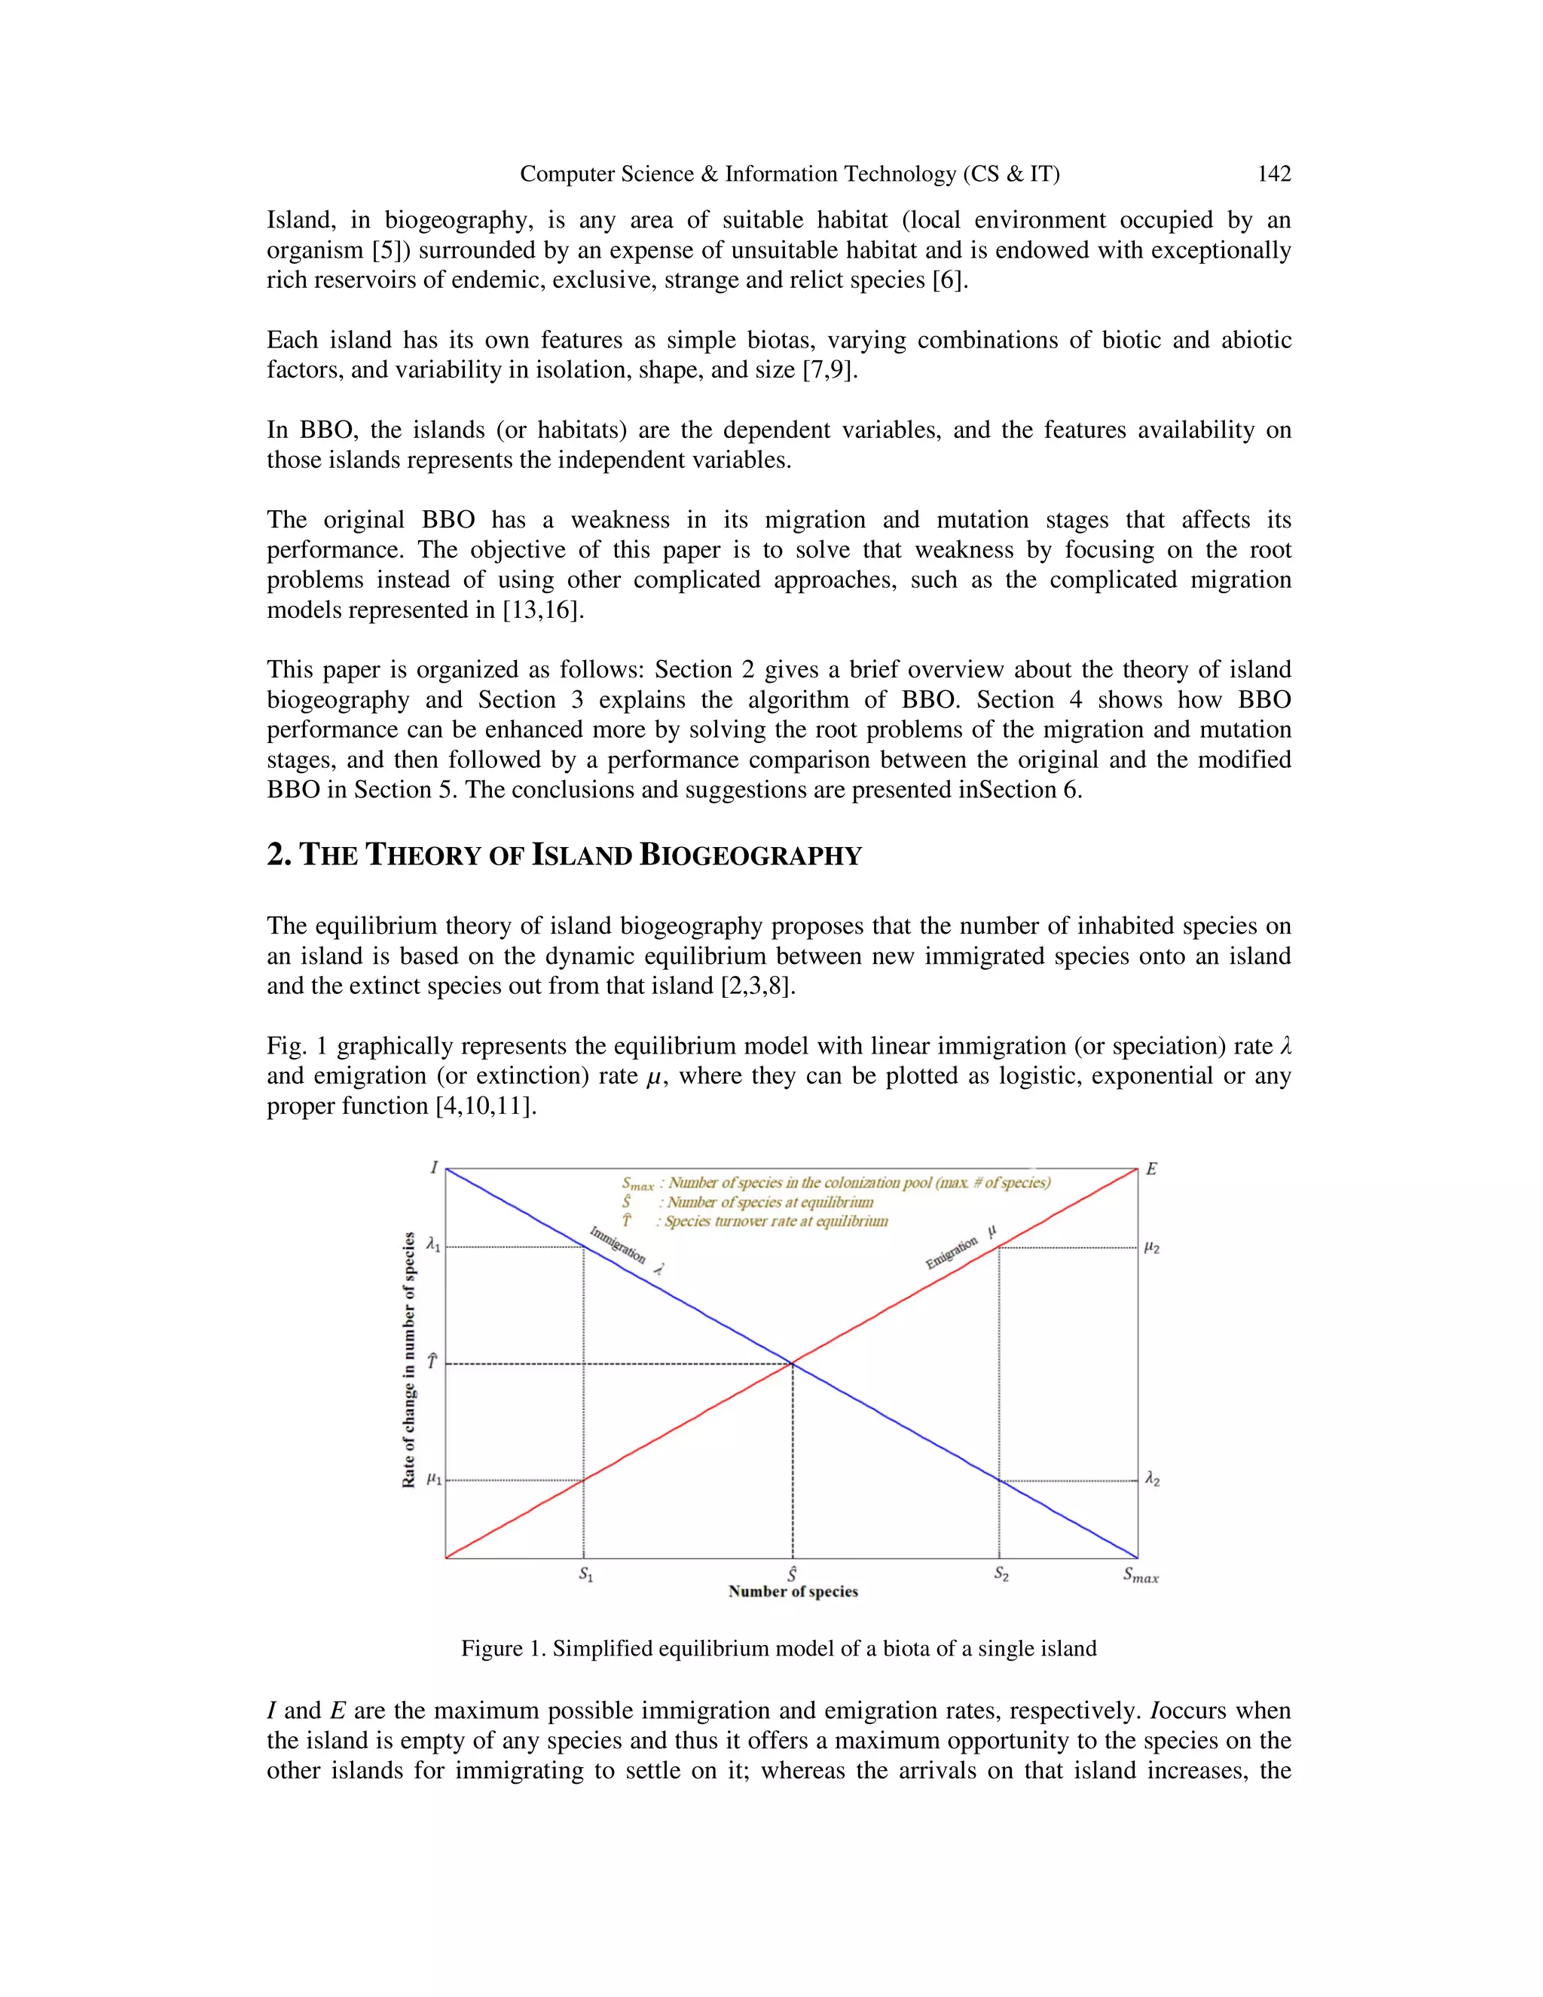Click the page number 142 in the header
click(1273, 174)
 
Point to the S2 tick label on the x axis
click(1001, 1573)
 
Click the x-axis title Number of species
click(793, 1592)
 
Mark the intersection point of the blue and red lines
click(792, 1363)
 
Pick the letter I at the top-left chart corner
click(434, 1167)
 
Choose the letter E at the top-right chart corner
click(1151, 1169)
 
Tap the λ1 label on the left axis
click(433, 1246)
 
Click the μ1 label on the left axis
click(433, 1479)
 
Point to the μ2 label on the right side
click(1152, 1247)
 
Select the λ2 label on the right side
click(1152, 1479)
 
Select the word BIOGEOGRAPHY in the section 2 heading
click(750, 855)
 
